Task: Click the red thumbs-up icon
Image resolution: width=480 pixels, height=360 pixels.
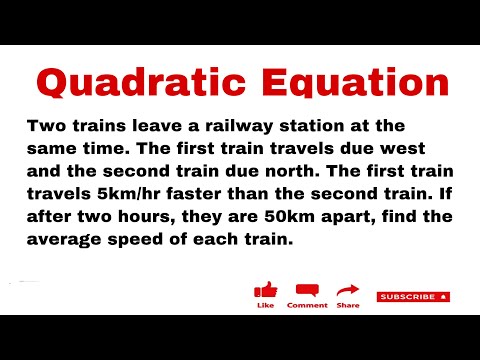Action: (266, 290)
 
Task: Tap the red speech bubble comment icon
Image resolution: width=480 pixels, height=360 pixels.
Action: (307, 290)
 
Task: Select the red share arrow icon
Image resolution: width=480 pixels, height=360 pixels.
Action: (348, 290)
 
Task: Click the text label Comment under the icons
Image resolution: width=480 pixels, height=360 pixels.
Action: (307, 305)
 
